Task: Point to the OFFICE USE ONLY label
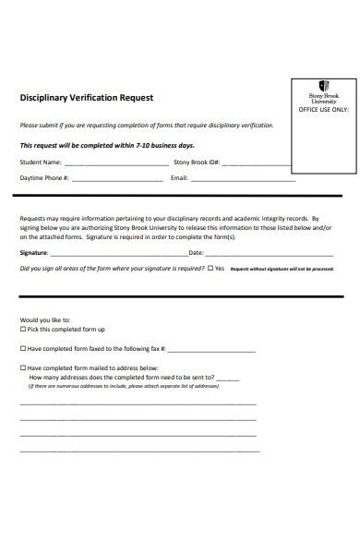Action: tap(322, 109)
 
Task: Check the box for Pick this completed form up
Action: tap(23, 330)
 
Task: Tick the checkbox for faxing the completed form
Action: tap(23, 349)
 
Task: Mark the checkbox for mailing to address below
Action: tap(23, 367)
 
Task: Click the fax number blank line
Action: tap(211, 352)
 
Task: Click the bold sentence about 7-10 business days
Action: tap(107, 146)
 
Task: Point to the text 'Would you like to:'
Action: tap(42, 319)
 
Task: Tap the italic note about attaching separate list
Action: tap(120, 387)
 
